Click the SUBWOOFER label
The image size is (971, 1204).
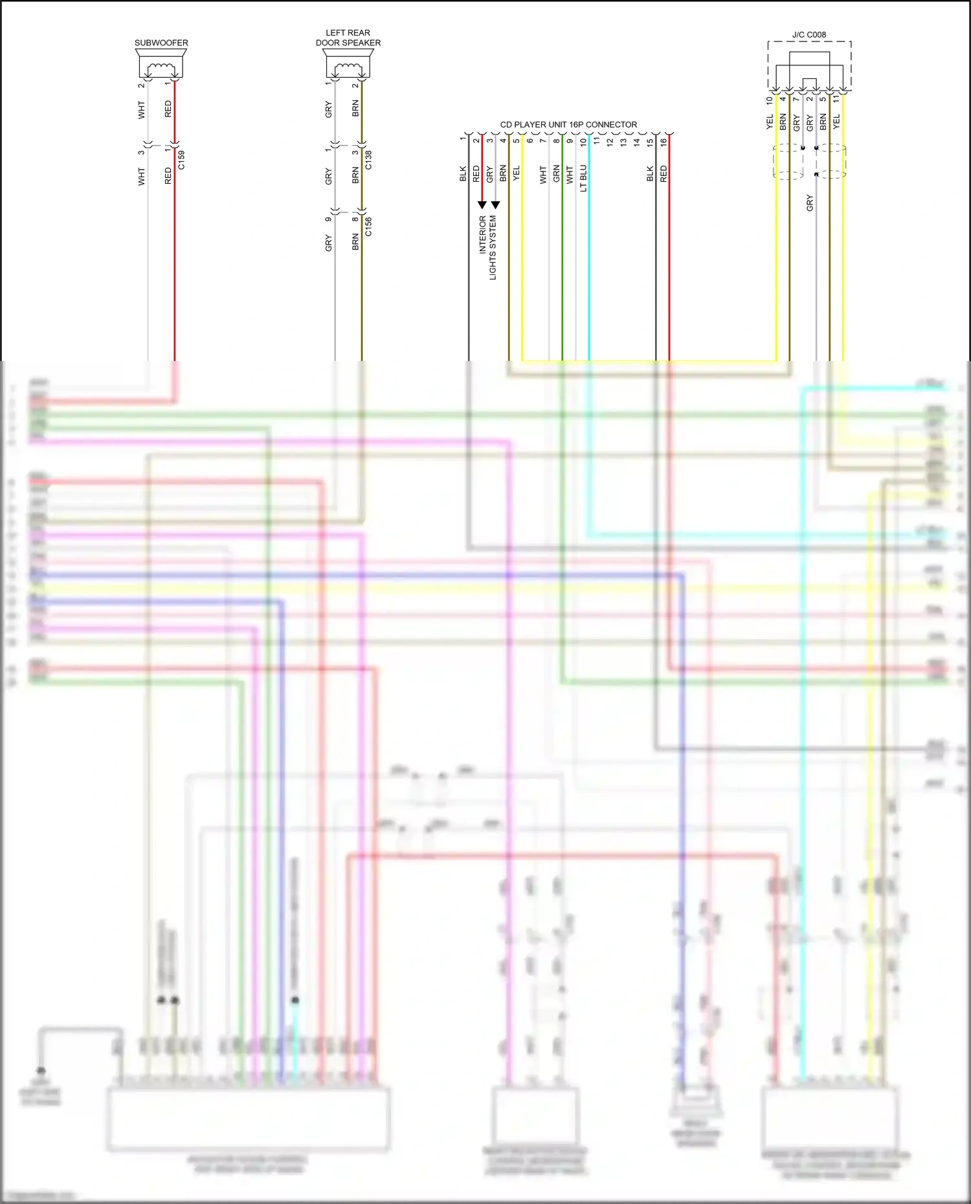tap(161, 43)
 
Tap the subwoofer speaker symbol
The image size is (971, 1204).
tap(161, 66)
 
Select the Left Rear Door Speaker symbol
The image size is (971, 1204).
tap(348, 66)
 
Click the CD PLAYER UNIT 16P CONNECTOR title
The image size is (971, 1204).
tap(568, 124)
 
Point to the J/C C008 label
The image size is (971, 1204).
tap(809, 35)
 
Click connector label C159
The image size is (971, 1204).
tap(181, 160)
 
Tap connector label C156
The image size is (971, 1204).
tap(368, 226)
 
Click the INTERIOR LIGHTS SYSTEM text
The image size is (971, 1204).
tap(487, 247)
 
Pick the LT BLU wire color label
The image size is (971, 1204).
tap(583, 178)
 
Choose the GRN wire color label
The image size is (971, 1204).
tap(556, 173)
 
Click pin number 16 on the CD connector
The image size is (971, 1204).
tap(664, 140)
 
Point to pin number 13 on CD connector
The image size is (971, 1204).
tap(623, 142)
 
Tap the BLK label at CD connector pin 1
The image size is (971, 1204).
tap(463, 173)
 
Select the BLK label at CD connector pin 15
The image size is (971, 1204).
tap(650, 173)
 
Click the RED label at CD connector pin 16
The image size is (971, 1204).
tap(664, 173)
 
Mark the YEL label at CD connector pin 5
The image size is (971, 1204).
tap(516, 173)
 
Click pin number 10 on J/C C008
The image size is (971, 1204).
tap(769, 100)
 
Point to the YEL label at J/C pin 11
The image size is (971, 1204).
tap(836, 121)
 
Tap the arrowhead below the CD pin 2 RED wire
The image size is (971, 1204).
tap(482, 205)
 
